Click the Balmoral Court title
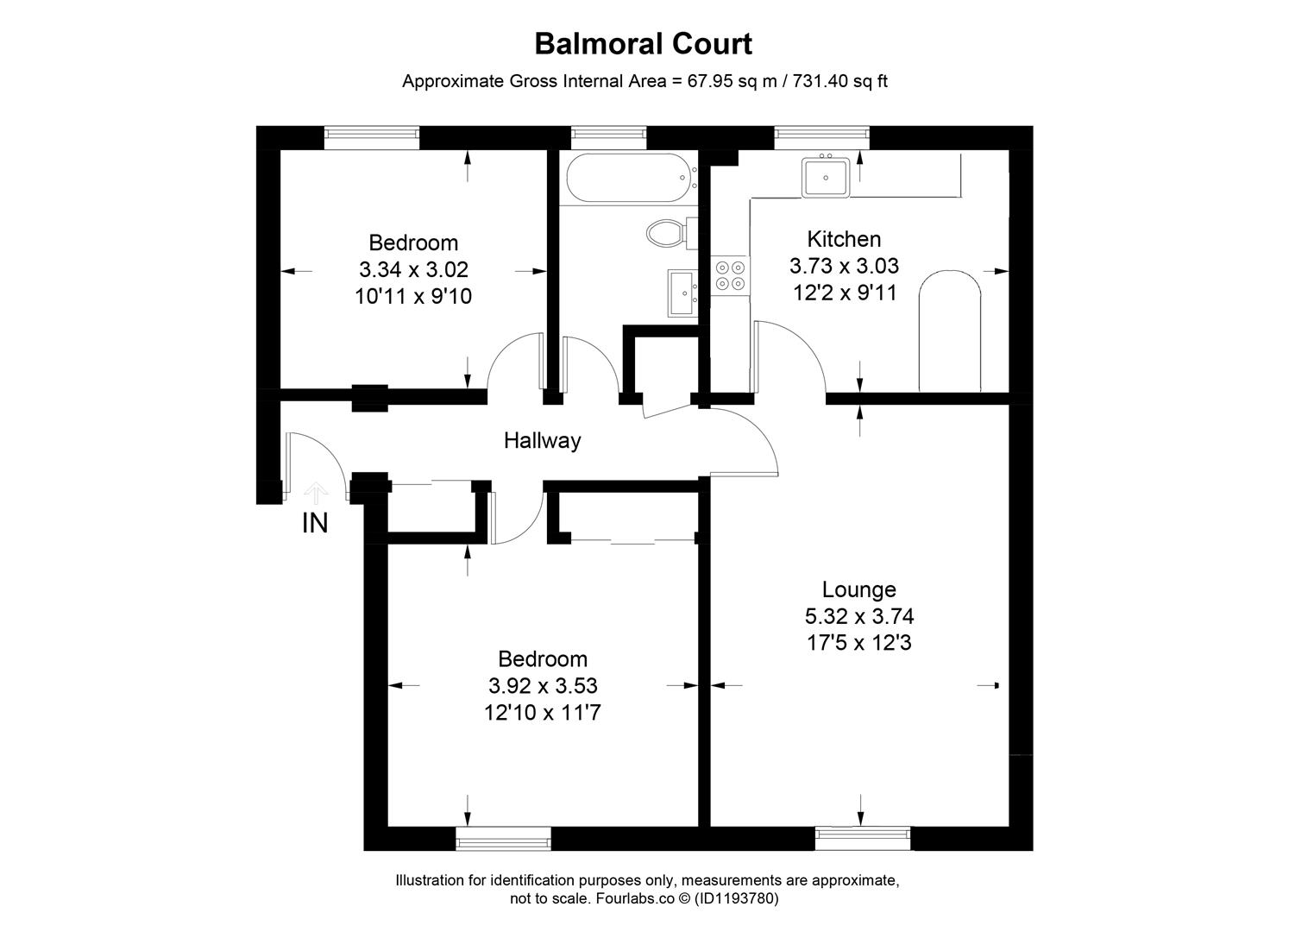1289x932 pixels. point(644,43)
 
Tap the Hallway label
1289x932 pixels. point(542,441)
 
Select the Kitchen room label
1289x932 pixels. point(844,239)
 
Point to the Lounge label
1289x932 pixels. point(858,589)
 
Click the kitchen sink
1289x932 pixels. point(826,178)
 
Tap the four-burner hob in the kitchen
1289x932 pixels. point(730,274)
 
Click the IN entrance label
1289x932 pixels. point(315,523)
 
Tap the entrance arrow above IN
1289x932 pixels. point(315,494)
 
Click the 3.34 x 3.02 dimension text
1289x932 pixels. point(413,270)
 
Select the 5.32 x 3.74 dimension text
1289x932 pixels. point(858,616)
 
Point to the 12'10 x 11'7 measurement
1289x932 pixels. point(543,713)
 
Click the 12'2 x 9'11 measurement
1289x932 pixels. point(844,293)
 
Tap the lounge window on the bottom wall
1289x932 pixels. point(862,835)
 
